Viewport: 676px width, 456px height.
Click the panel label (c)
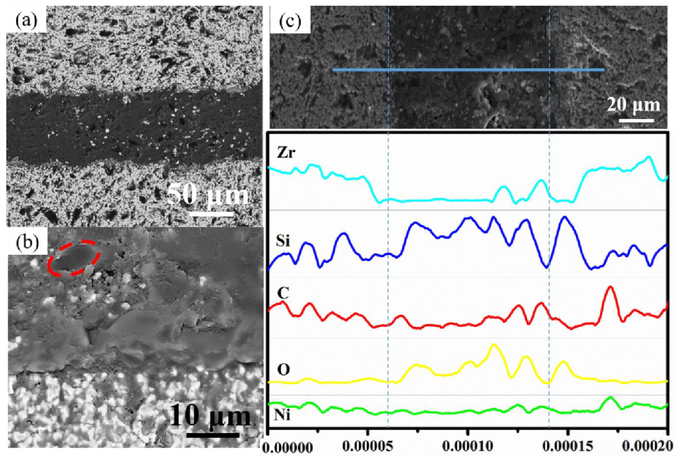[290, 22]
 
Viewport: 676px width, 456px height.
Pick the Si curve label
[283, 241]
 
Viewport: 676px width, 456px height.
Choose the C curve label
[283, 294]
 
